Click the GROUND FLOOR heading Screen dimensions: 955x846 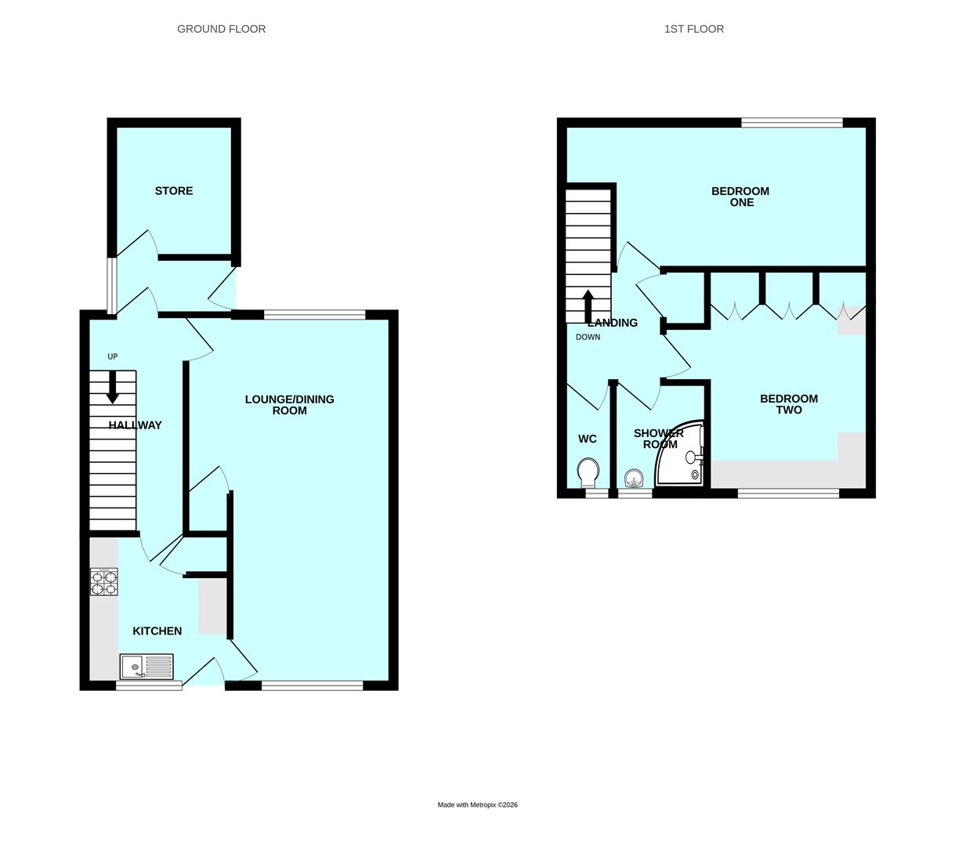tap(221, 29)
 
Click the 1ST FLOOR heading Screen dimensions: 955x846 tap(694, 29)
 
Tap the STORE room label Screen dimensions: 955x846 tap(174, 191)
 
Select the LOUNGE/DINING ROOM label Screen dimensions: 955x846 tap(289, 405)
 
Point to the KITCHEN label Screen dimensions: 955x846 tap(157, 631)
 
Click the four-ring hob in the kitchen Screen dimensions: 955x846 tap(104, 582)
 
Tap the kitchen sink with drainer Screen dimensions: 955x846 tap(147, 667)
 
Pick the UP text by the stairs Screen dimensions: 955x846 tap(112, 356)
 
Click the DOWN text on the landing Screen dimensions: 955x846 tap(588, 337)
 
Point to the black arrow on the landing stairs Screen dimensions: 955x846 tap(588, 306)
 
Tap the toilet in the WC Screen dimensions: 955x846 tap(588, 473)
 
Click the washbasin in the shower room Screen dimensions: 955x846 tap(635, 479)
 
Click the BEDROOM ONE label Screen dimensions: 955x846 tap(740, 197)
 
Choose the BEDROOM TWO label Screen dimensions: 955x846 tap(789, 404)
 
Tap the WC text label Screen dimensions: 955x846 tap(588, 439)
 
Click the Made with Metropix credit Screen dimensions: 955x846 tap(478, 805)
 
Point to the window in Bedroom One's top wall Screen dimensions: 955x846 tap(792, 122)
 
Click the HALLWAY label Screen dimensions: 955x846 tap(136, 425)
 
